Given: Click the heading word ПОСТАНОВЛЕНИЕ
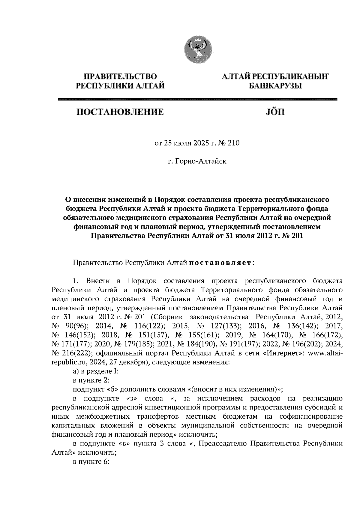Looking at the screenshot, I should (121, 113).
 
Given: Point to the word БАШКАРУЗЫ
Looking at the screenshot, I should (275, 86).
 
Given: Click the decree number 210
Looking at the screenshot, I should (234, 143).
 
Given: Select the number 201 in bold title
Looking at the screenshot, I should (297, 236).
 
